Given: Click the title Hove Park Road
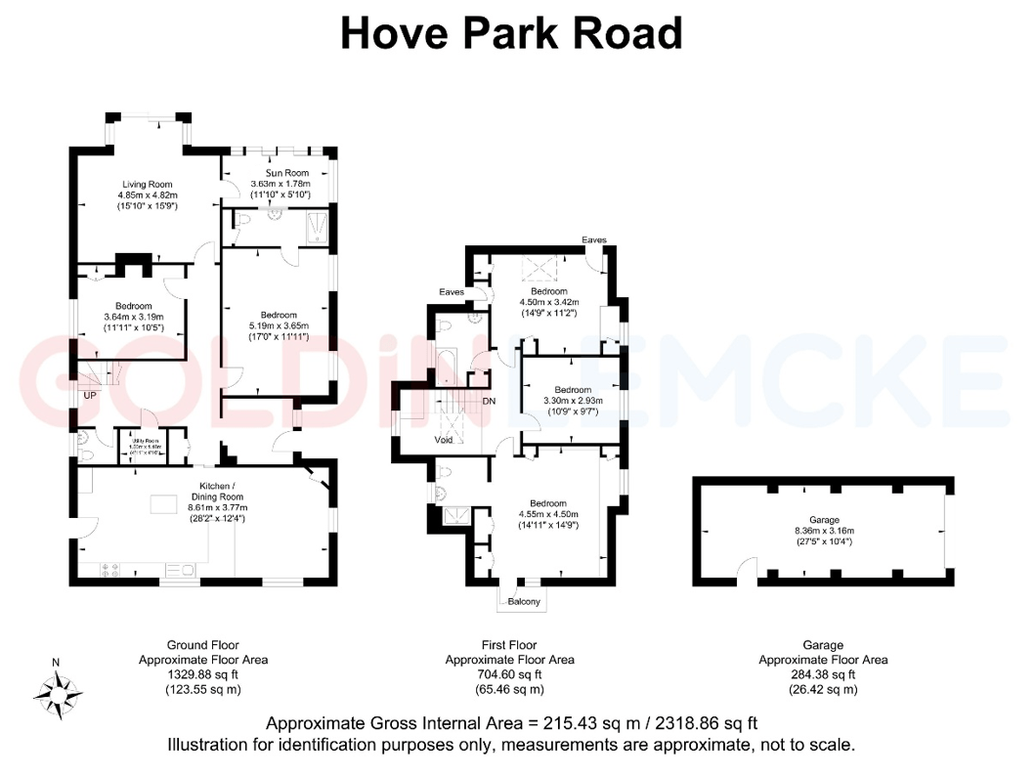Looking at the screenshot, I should click(510, 34).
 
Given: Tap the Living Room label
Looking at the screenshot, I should click(148, 184).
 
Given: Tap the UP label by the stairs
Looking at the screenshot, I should click(90, 396).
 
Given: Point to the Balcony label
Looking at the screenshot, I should click(524, 602).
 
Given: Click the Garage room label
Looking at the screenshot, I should click(824, 521).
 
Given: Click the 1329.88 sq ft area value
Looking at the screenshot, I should click(202, 674).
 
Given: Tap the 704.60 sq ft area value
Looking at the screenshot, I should click(509, 674).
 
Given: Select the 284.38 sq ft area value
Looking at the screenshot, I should click(823, 674).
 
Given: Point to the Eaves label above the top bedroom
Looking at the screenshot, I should click(594, 239).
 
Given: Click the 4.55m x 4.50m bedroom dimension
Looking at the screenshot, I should click(548, 514).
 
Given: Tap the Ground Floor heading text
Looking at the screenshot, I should click(202, 645).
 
